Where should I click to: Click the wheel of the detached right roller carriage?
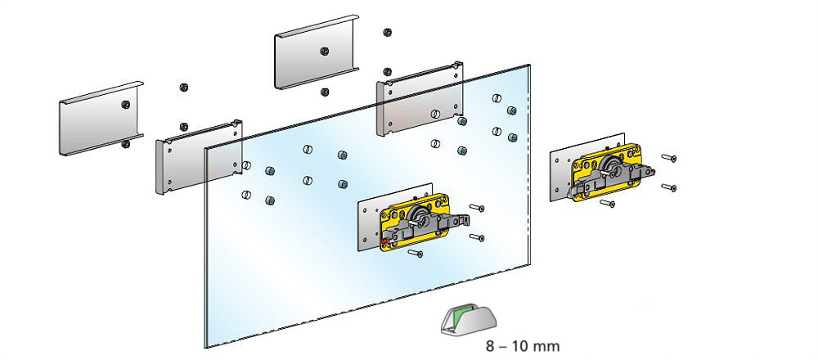click(x=613, y=168)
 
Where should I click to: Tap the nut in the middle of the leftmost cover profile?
click(x=125, y=104)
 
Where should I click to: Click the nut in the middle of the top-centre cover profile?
click(x=325, y=50)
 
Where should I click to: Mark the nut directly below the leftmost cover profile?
click(x=125, y=145)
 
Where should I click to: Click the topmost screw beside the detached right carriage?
click(x=670, y=157)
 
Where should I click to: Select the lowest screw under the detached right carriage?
click(x=607, y=203)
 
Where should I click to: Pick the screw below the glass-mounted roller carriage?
click(x=416, y=254)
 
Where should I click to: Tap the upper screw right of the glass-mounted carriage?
click(x=478, y=209)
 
